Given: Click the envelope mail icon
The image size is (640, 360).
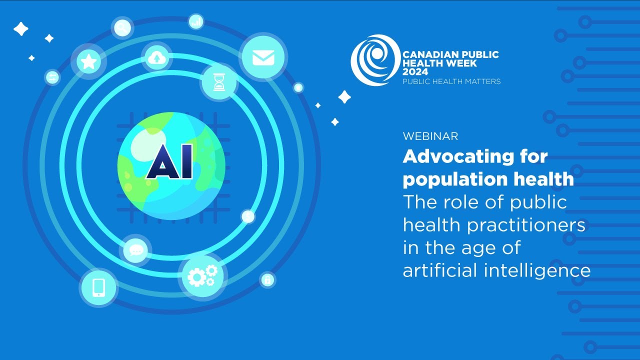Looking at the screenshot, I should pyautogui.click(x=263, y=58).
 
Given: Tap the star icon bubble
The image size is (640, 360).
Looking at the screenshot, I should pyautogui.click(x=89, y=62).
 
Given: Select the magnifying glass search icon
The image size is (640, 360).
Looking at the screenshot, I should pyautogui.click(x=121, y=28).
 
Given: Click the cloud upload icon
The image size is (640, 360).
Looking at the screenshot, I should pyautogui.click(x=157, y=58).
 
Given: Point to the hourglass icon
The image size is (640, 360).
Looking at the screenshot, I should pyautogui.click(x=219, y=82).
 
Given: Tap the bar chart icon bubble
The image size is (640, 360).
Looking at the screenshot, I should pyautogui.click(x=196, y=21).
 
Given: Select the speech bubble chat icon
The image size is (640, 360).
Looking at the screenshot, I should pyautogui.click(x=135, y=249).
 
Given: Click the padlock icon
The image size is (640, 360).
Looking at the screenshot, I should pyautogui.click(x=267, y=279).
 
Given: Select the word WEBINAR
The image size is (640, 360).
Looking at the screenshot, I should pyautogui.click(x=430, y=136).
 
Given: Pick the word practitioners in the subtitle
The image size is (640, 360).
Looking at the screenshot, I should pyautogui.click(x=526, y=225).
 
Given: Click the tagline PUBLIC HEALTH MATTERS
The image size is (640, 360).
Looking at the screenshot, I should pyautogui.click(x=451, y=81).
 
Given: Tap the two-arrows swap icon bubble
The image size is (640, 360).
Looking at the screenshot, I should pyautogui.click(x=52, y=77).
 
